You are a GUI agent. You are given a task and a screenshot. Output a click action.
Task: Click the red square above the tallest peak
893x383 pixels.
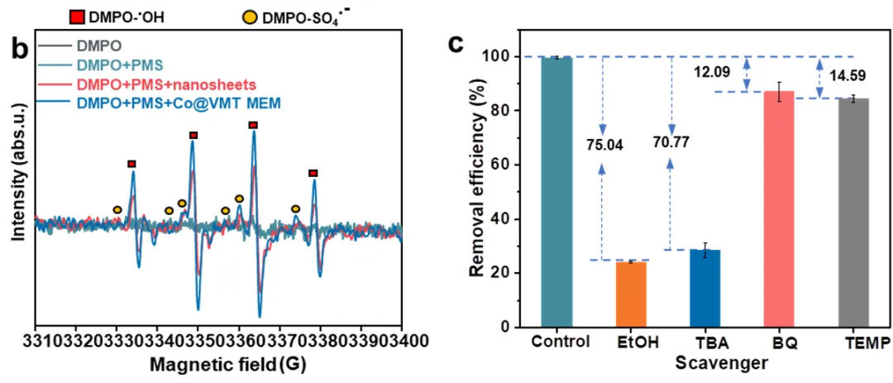pyautogui.click(x=253, y=125)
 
